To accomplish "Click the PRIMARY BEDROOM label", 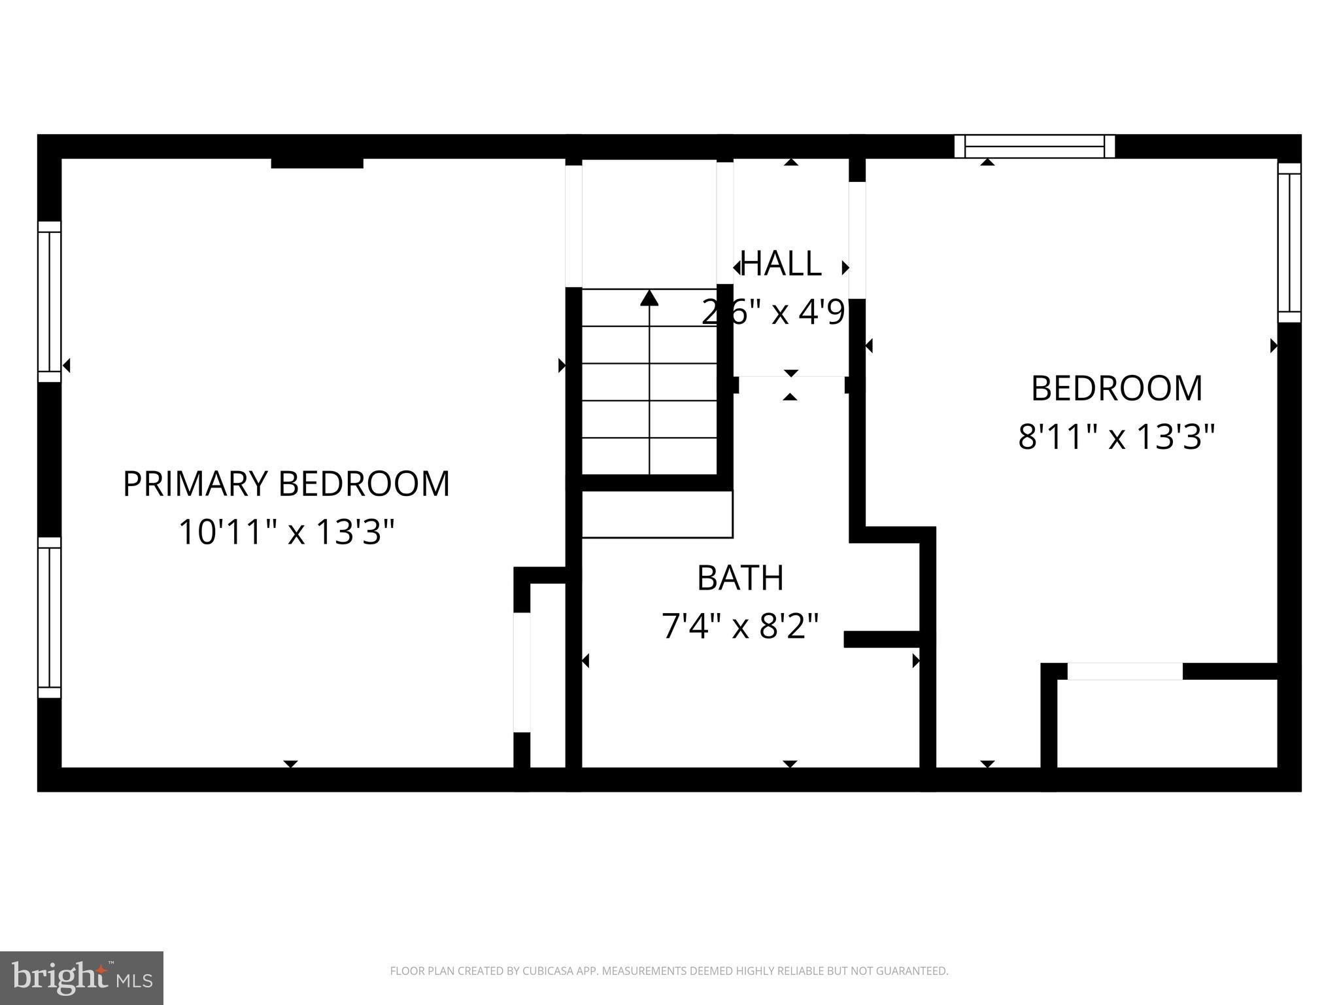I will [x=286, y=484].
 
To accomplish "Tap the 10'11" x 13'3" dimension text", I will [x=286, y=532].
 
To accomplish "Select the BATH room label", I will [x=740, y=578].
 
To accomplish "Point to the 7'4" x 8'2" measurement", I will [x=740, y=626].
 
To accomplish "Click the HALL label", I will [x=782, y=264].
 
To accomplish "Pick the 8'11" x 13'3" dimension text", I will [x=1116, y=436].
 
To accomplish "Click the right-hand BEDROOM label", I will [x=1116, y=389].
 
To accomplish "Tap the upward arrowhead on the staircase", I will [x=649, y=298].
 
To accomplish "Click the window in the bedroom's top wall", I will [x=1034, y=147].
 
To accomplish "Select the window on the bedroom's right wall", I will [x=1289, y=243].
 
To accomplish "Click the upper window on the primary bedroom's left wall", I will [x=49, y=302].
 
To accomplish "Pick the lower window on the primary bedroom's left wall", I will [x=49, y=618].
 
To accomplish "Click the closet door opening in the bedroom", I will [x=1125, y=671].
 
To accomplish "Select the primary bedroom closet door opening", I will [x=521, y=672].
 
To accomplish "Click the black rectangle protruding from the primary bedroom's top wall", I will [x=317, y=163].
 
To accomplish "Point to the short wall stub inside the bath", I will [x=882, y=639].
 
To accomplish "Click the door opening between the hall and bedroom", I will [x=857, y=240].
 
